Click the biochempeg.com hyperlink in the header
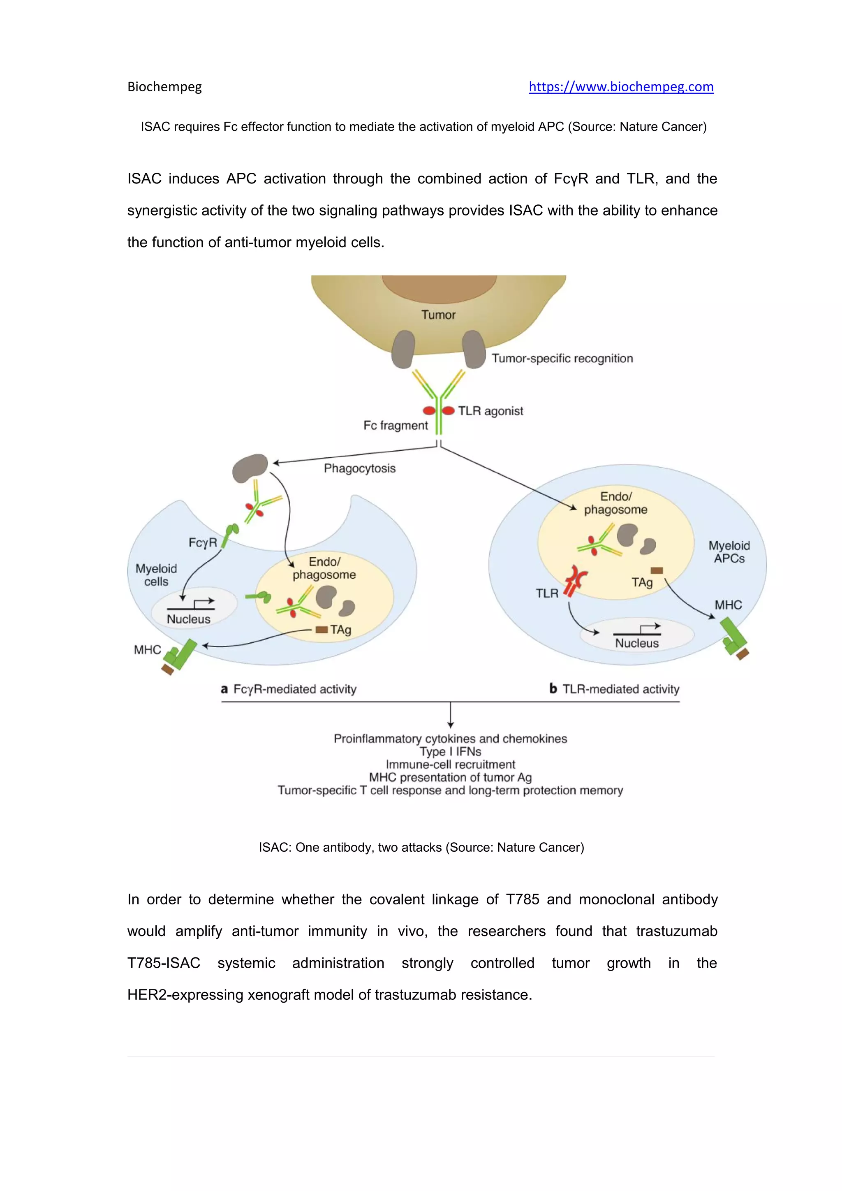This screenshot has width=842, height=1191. (x=621, y=87)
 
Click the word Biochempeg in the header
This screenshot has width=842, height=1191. (x=164, y=87)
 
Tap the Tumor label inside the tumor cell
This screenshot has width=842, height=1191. (x=438, y=315)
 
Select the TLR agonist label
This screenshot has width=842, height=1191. (x=490, y=411)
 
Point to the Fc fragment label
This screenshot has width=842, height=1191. (x=395, y=425)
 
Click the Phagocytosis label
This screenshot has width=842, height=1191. (x=359, y=468)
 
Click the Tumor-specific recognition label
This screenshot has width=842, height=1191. (x=562, y=359)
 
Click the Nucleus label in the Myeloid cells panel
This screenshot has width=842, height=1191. (x=188, y=619)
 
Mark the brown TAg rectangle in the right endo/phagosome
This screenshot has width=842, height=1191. (x=657, y=570)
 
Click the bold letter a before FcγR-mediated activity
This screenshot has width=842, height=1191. (x=224, y=689)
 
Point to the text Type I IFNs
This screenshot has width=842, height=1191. (x=450, y=752)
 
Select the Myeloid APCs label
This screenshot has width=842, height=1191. (x=729, y=552)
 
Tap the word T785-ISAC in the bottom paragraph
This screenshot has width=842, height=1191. (x=164, y=963)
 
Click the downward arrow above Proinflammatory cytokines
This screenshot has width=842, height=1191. (x=450, y=716)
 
